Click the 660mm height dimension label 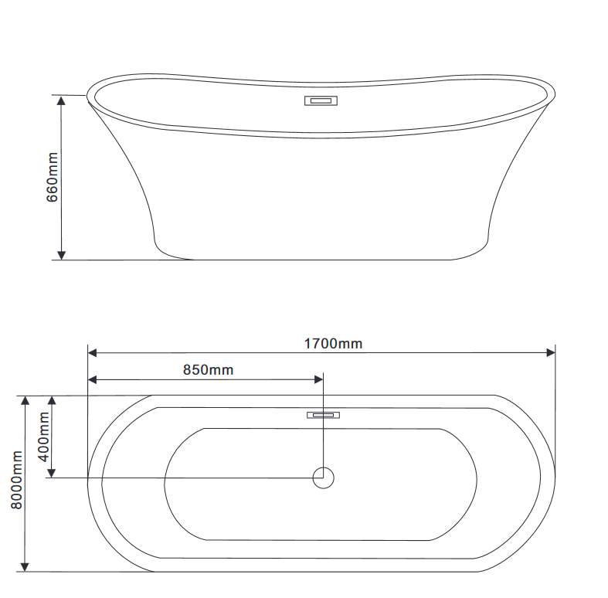point(53,177)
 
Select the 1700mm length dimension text point(333,344)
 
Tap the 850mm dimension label point(209,370)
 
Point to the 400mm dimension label point(44,437)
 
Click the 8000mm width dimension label point(17,480)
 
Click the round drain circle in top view point(324,477)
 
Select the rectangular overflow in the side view point(321,101)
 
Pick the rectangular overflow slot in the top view point(324,416)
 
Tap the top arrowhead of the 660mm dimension point(61,100)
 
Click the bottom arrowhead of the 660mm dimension point(61,255)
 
